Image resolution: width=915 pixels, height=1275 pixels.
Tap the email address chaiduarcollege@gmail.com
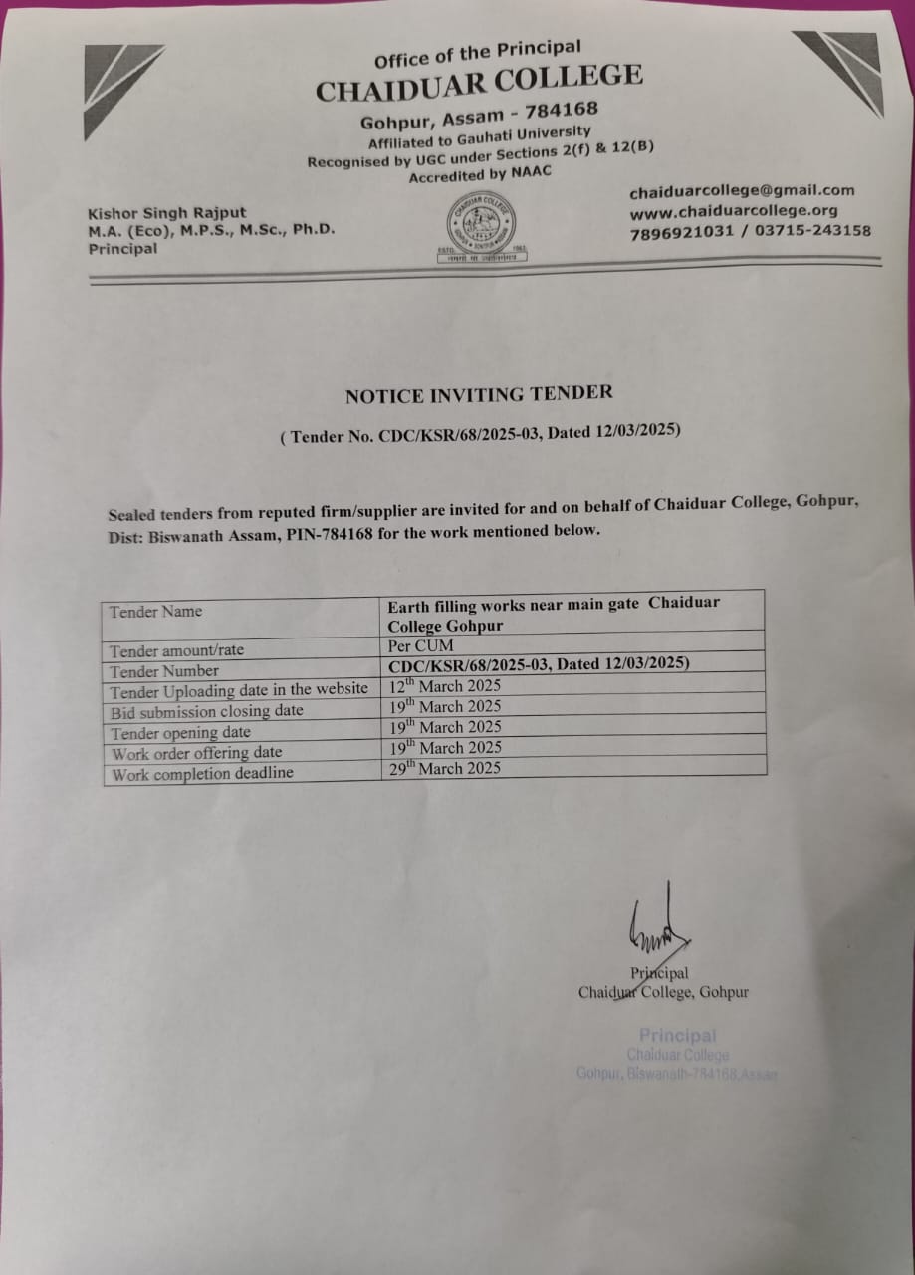[741, 190]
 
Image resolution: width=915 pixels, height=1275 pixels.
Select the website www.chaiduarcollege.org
[733, 210]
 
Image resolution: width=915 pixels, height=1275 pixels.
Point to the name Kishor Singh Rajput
[166, 212]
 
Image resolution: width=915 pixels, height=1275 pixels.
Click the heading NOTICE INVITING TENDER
[479, 394]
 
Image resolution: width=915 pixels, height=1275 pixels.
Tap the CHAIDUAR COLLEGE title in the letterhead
[479, 81]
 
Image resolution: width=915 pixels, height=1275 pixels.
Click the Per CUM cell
[420, 645]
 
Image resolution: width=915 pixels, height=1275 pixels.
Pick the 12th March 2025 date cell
[444, 686]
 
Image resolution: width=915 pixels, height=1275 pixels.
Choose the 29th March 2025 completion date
[444, 768]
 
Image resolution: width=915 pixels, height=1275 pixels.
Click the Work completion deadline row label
[202, 773]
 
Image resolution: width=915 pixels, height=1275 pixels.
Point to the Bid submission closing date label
[206, 711]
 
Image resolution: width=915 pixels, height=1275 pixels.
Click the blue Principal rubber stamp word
[677, 1036]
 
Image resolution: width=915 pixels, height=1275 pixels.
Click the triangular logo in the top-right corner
[843, 68]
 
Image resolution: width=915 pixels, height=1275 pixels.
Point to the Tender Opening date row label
[180, 732]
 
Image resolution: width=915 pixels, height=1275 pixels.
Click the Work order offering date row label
[196, 753]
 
